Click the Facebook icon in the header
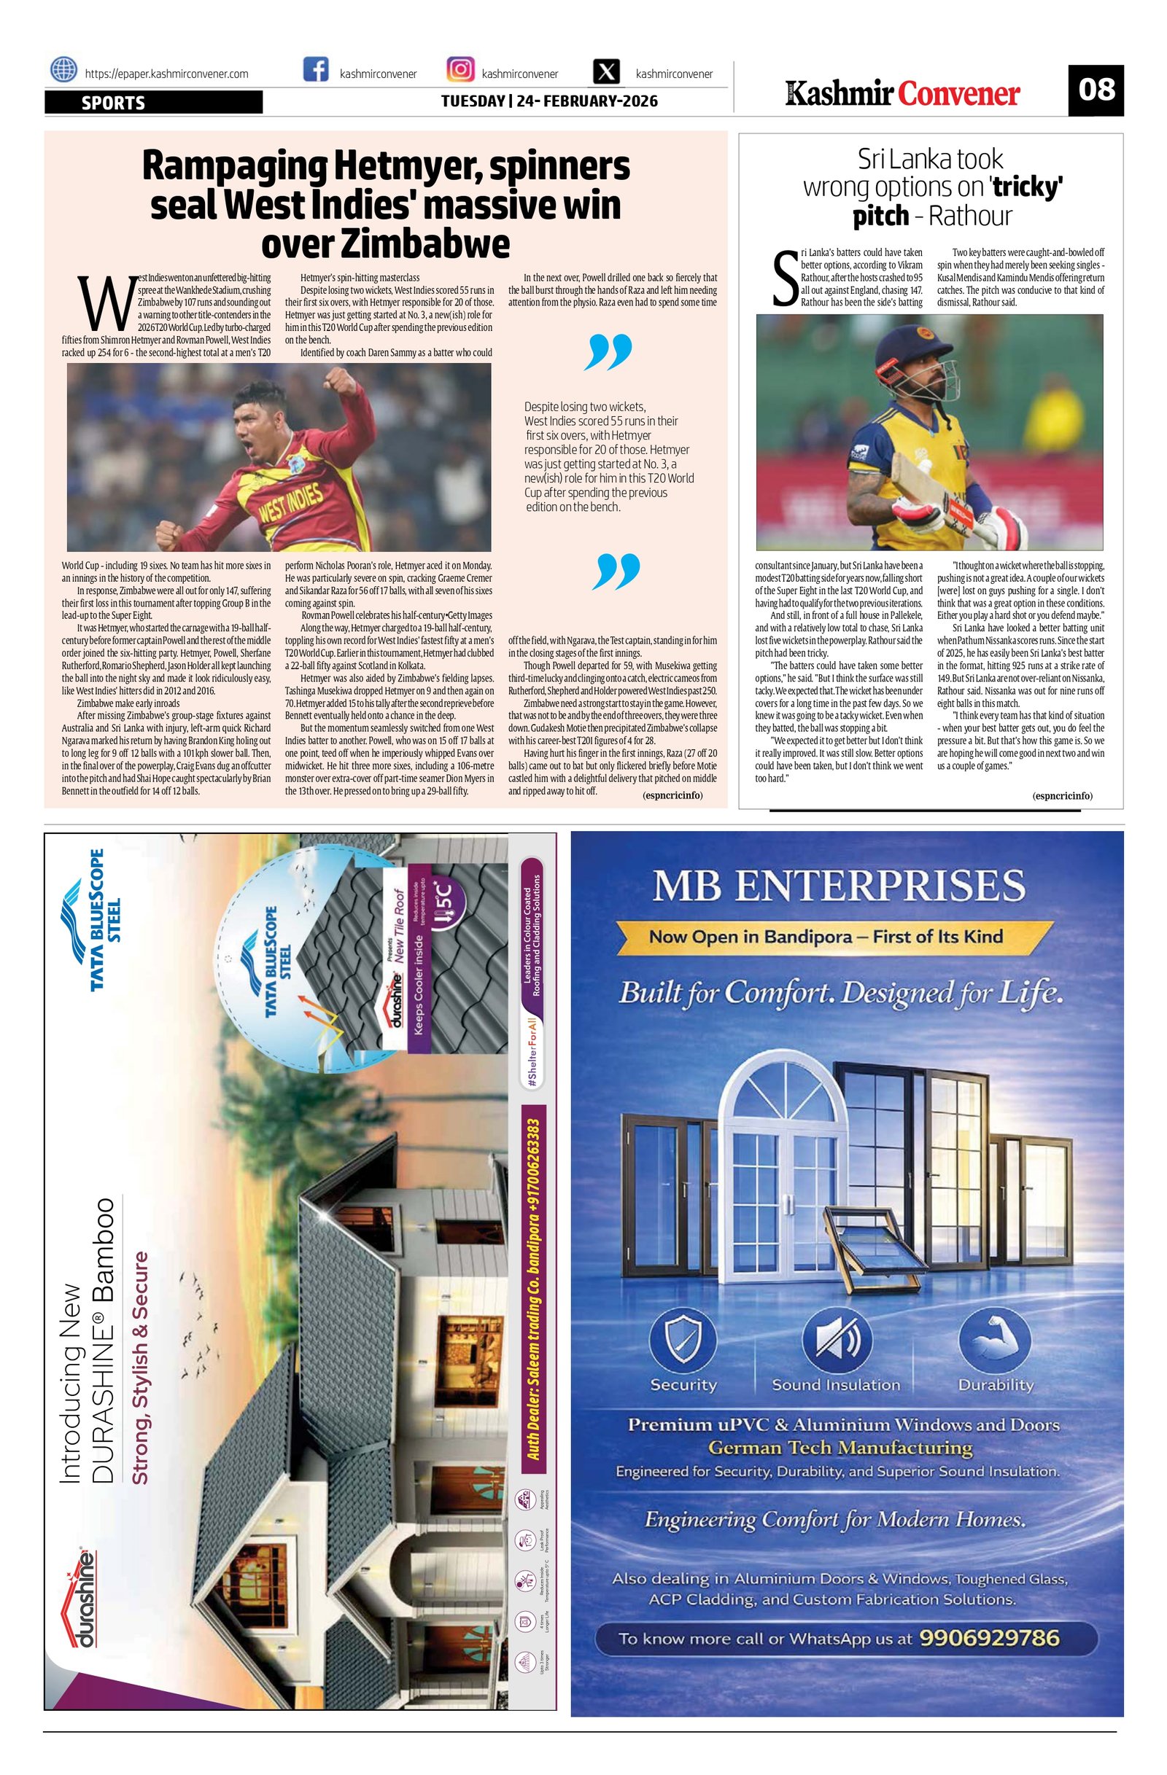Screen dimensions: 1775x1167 pyautogui.click(x=316, y=70)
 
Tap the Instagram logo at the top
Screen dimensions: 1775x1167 pyautogui.click(x=460, y=70)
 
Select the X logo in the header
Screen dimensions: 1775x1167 pyautogui.click(x=608, y=72)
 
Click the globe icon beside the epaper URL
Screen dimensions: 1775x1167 pyautogui.click(x=63, y=70)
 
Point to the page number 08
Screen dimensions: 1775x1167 pyautogui.click(x=1096, y=90)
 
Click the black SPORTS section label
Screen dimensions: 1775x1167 pyautogui.click(x=153, y=103)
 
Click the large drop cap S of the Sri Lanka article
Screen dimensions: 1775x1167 pyautogui.click(x=785, y=279)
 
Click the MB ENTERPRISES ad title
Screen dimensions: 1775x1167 pyautogui.click(x=839, y=886)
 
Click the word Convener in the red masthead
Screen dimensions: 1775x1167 pyautogui.click(x=959, y=95)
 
